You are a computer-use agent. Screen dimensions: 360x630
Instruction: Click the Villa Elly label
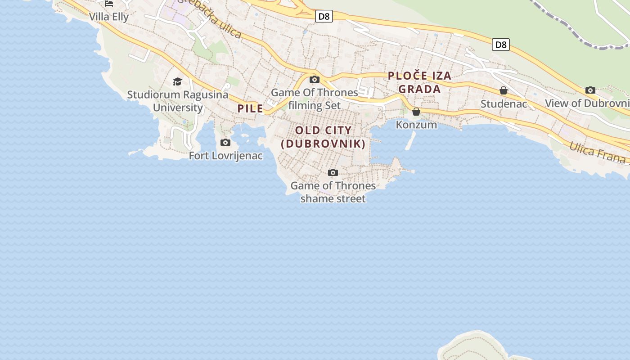point(109,17)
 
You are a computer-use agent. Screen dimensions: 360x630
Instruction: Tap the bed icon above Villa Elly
point(109,3)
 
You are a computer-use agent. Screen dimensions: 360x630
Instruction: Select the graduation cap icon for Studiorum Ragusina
point(178,81)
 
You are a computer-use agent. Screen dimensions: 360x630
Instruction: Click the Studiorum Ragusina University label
point(178,101)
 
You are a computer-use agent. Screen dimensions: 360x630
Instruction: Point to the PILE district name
point(250,108)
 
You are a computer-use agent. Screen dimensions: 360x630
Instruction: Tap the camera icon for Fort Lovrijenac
point(225,143)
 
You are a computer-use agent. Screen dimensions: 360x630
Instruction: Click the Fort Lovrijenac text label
point(225,156)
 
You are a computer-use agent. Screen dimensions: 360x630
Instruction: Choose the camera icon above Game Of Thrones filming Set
point(315,80)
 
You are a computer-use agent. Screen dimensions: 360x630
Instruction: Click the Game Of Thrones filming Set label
point(315,99)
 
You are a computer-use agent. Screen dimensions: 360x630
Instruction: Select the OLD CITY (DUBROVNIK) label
point(323,137)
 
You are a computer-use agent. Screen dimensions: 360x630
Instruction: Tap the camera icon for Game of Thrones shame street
point(333,173)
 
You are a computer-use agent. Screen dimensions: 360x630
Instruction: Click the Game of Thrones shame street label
point(333,192)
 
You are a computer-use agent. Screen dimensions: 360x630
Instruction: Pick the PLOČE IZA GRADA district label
point(419,82)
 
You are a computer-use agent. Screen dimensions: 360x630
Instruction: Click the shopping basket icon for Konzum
point(416,112)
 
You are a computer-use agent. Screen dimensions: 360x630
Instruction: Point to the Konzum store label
point(416,125)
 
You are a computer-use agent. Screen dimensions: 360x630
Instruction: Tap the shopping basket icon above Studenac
point(504,91)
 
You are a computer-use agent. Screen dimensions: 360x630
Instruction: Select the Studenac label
point(504,104)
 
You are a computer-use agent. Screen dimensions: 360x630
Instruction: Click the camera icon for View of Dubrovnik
point(590,90)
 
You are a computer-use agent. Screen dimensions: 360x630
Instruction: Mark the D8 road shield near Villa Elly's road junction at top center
point(324,17)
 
